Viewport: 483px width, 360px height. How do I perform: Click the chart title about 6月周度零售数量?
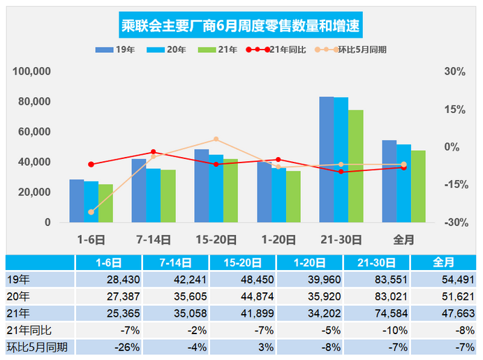(241, 26)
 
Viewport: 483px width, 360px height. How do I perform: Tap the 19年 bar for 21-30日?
(327, 160)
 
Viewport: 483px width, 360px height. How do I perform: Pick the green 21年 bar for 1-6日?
(105, 203)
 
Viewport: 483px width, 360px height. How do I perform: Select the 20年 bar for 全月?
(403, 183)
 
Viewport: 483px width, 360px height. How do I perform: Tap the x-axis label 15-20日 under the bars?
(216, 239)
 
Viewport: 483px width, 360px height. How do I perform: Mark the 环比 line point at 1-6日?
(91, 212)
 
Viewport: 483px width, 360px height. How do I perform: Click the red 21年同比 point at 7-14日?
(154, 152)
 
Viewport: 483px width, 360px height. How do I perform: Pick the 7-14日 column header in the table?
(176, 263)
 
